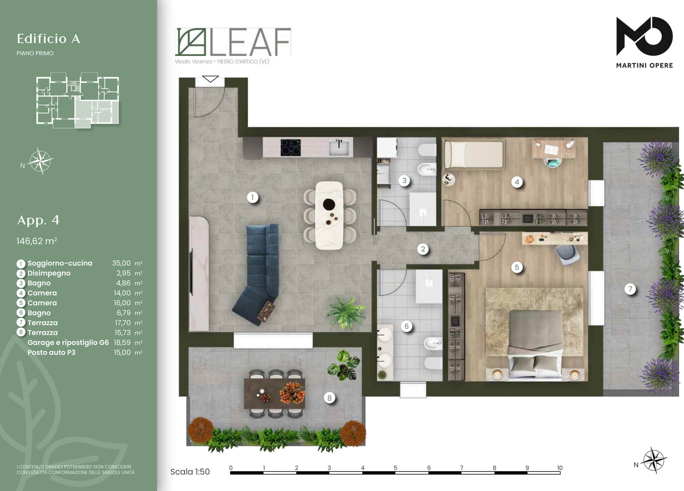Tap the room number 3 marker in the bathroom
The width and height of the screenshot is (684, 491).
pyautogui.click(x=404, y=180)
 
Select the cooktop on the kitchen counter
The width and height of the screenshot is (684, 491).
pyautogui.click(x=290, y=147)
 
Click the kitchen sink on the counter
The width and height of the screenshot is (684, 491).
pyautogui.click(x=339, y=147)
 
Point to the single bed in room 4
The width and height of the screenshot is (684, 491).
pyautogui.click(x=474, y=154)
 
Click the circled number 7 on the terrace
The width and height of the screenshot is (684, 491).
pyautogui.click(x=630, y=289)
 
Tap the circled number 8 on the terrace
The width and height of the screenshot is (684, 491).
pyautogui.click(x=329, y=398)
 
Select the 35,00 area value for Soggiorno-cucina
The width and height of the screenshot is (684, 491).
pyautogui.click(x=121, y=263)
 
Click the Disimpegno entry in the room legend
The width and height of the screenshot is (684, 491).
pyautogui.click(x=49, y=273)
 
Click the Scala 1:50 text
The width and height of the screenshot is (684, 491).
pyautogui.click(x=190, y=472)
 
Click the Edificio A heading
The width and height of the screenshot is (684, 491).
pyautogui.click(x=48, y=39)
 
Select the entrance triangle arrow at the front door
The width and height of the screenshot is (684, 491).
pyautogui.click(x=210, y=79)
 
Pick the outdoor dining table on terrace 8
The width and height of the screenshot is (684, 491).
pyautogui.click(x=274, y=393)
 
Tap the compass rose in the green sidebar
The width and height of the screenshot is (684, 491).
pyautogui.click(x=41, y=161)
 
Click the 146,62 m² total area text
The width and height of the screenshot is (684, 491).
pyautogui.click(x=37, y=241)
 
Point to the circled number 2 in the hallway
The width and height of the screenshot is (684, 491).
pyautogui.click(x=423, y=249)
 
